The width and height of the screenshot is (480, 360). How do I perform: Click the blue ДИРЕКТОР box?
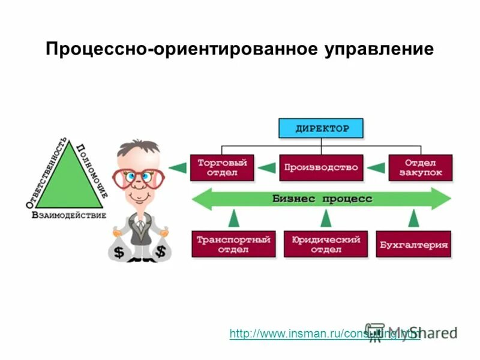pyautogui.click(x=321, y=128)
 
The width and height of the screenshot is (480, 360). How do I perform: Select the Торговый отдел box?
pyautogui.click(x=223, y=167)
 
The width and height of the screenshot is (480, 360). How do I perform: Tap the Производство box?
pyautogui.click(x=321, y=167)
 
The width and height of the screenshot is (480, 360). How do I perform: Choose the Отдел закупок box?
pyautogui.click(x=420, y=167)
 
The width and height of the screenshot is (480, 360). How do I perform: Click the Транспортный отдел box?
pyautogui.click(x=233, y=244)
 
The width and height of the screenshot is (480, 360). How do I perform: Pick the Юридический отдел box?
pyautogui.click(x=326, y=244)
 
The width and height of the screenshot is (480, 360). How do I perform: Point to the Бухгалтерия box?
pyautogui.click(x=413, y=244)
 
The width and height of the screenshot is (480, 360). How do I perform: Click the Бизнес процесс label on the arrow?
pyautogui.click(x=322, y=199)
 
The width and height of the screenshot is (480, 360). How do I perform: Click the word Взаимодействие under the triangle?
pyautogui.click(x=69, y=214)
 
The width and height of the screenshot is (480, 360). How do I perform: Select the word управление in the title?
pyautogui.click(x=378, y=49)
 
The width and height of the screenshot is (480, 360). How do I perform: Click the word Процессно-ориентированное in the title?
pyautogui.click(x=183, y=49)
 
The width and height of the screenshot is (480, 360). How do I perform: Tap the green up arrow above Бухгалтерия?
pyautogui.click(x=413, y=218)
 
